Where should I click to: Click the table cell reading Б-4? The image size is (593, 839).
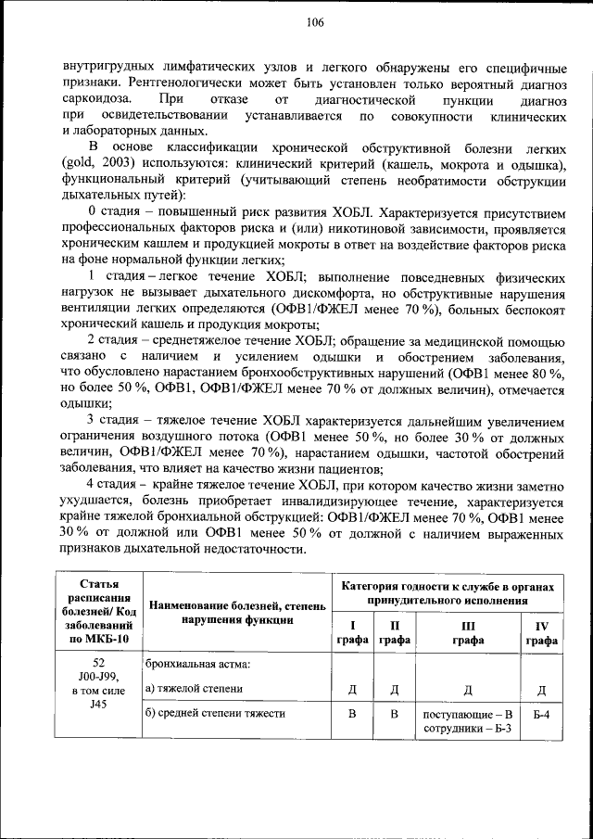coord(541,715)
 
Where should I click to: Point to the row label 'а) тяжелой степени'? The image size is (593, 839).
coord(195,689)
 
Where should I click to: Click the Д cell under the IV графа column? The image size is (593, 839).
coord(541,690)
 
